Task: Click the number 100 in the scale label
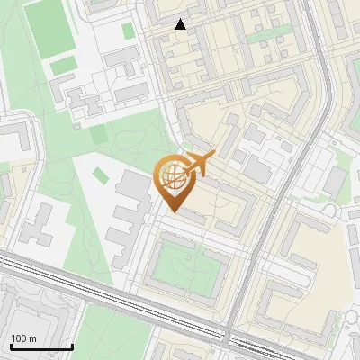coord(20,338)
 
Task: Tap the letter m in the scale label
coord(32,338)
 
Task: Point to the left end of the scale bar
coord(10,346)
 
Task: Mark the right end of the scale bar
coord(72,346)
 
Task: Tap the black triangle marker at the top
coord(181,25)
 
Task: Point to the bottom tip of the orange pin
coord(173,211)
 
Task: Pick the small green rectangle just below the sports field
coord(62,67)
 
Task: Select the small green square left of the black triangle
coord(129,31)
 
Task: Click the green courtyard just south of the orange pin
coord(190,265)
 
